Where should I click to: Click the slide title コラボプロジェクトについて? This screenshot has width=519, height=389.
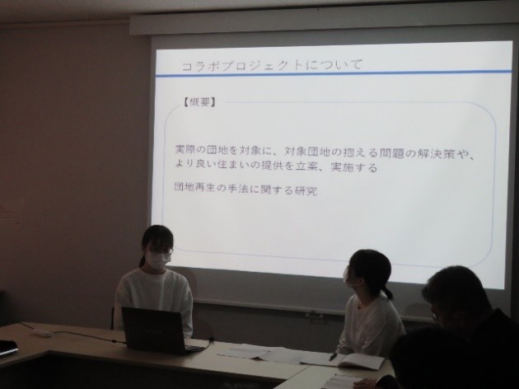point(273,65)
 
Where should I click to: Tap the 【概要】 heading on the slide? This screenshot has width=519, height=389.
point(200,102)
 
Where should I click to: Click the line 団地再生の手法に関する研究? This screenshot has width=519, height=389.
point(245,190)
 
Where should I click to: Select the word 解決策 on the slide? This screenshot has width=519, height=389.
point(437,153)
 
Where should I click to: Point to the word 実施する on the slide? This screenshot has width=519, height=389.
point(354,166)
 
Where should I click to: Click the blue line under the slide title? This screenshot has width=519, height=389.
point(334,73)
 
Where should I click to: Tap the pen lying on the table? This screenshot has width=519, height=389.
point(333,356)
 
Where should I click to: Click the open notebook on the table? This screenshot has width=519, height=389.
point(361,361)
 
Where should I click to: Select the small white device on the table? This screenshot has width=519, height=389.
point(42,332)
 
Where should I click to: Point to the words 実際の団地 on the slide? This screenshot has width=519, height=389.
point(201,150)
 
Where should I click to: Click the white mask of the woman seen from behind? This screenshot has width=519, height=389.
point(347,274)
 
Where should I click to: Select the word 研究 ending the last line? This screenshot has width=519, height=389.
point(306,190)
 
